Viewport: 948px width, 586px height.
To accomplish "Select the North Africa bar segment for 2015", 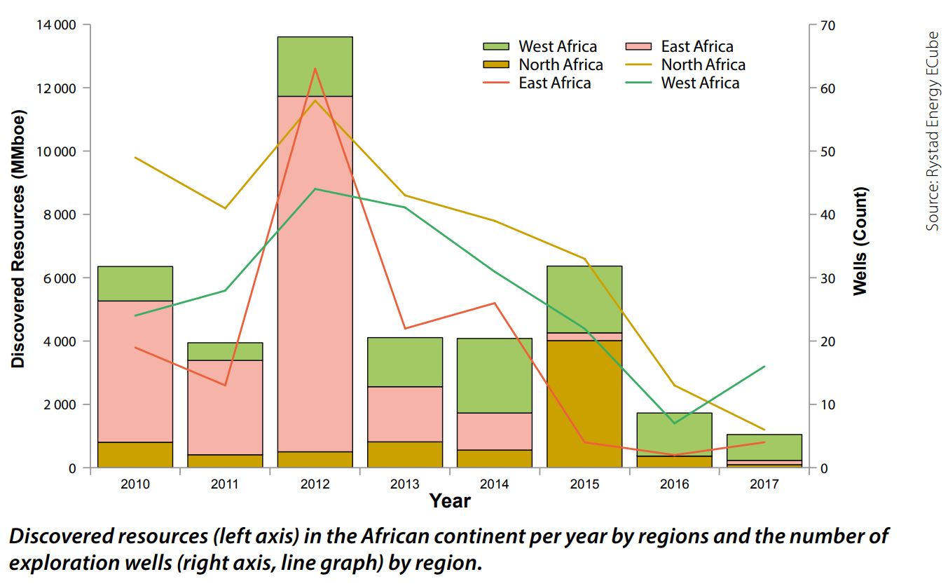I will (x=584, y=404).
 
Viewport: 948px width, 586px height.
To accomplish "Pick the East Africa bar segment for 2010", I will (x=135, y=372).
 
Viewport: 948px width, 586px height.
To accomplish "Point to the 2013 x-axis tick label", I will (x=404, y=484).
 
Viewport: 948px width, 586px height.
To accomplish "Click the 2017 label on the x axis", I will (x=764, y=484).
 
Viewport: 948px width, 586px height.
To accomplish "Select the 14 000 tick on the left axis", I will (x=56, y=26).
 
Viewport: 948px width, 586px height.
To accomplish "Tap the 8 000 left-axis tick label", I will (x=59, y=215).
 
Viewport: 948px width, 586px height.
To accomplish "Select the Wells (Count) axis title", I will (x=860, y=240).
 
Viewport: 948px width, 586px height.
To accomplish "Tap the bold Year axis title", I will (x=450, y=501).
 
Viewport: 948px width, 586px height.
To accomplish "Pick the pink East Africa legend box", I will (x=639, y=47).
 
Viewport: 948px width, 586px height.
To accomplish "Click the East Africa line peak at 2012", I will (x=315, y=69).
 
